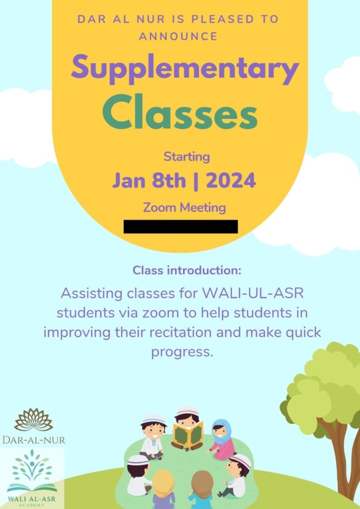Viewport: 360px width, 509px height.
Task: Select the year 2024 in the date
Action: pyautogui.click(x=231, y=180)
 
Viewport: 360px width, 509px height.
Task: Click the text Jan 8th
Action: pyautogui.click(x=149, y=180)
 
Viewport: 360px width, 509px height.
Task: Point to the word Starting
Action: pyautogui.click(x=186, y=157)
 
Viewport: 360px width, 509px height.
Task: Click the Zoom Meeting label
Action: pyautogui.click(x=184, y=207)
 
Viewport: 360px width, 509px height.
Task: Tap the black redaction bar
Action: pyautogui.click(x=181, y=226)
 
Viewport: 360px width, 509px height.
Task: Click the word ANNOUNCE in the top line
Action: pyautogui.click(x=178, y=36)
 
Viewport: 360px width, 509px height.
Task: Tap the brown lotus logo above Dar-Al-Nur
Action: pyautogui.click(x=33, y=419)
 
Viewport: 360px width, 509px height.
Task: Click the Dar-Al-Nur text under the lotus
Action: pyautogui.click(x=34, y=440)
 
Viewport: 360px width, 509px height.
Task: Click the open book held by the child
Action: pyautogui.click(x=188, y=434)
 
